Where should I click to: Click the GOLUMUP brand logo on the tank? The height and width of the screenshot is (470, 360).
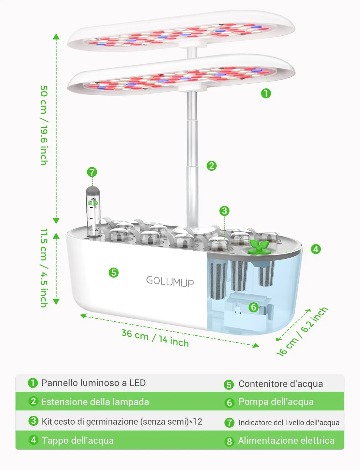click(170, 281)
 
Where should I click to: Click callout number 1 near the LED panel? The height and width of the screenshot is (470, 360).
click(266, 93)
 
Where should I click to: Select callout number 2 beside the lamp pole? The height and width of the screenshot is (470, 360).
click(212, 166)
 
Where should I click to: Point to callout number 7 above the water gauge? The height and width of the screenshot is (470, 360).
click(92, 172)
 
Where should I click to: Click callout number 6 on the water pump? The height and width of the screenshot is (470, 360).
click(254, 307)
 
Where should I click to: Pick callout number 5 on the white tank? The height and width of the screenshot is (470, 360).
click(114, 273)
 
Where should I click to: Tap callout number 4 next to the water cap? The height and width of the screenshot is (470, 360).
click(316, 249)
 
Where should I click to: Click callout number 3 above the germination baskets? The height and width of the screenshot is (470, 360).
click(224, 211)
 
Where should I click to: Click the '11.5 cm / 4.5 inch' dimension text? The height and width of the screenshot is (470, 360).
click(44, 268)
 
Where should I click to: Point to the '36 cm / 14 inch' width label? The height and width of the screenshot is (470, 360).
click(155, 338)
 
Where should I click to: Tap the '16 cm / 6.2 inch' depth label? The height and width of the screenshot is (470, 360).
click(302, 332)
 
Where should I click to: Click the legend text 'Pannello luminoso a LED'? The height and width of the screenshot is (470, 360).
click(93, 383)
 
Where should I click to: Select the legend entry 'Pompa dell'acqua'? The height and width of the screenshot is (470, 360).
click(276, 402)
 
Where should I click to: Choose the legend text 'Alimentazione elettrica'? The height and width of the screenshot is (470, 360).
click(286, 441)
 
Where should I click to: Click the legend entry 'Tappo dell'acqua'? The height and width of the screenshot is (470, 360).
click(78, 441)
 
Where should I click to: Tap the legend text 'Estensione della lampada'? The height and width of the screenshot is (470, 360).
click(95, 402)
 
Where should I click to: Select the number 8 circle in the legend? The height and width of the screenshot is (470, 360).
click(229, 441)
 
